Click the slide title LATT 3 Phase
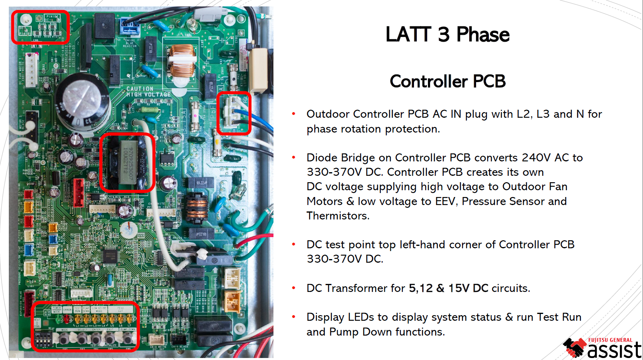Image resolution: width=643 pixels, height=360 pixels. coord(447,34)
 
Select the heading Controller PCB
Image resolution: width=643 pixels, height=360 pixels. coord(447,81)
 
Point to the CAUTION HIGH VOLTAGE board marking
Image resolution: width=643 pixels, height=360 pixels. coord(148,92)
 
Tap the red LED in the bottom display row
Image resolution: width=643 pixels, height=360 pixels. coord(66,319)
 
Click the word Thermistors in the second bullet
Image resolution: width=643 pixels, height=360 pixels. coord(337,216)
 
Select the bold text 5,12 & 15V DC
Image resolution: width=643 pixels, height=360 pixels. coord(448,288)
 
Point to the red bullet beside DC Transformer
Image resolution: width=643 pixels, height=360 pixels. coord(293,288)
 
